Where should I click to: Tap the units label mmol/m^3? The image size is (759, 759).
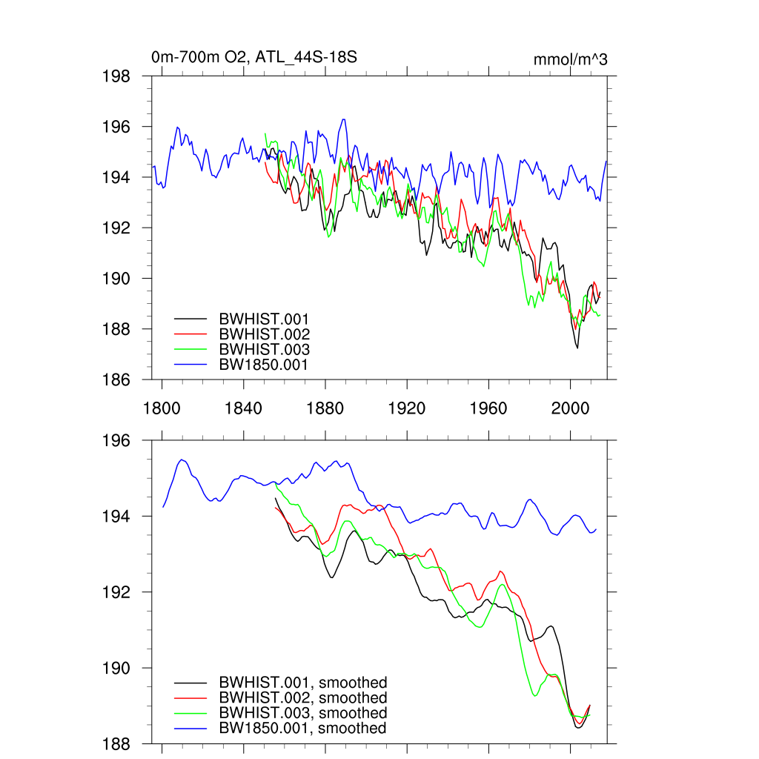tap(571, 59)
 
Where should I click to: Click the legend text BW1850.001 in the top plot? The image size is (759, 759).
tap(263, 365)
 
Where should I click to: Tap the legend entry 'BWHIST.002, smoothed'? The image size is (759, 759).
tap(302, 698)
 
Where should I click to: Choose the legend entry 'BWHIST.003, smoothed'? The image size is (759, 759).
tap(302, 713)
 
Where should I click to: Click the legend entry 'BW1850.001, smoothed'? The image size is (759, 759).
tap(302, 729)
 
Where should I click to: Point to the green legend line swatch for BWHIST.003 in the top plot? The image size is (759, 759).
tap(190, 350)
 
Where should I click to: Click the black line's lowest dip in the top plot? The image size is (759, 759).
tap(577, 348)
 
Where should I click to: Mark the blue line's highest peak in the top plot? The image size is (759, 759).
tap(343, 119)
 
